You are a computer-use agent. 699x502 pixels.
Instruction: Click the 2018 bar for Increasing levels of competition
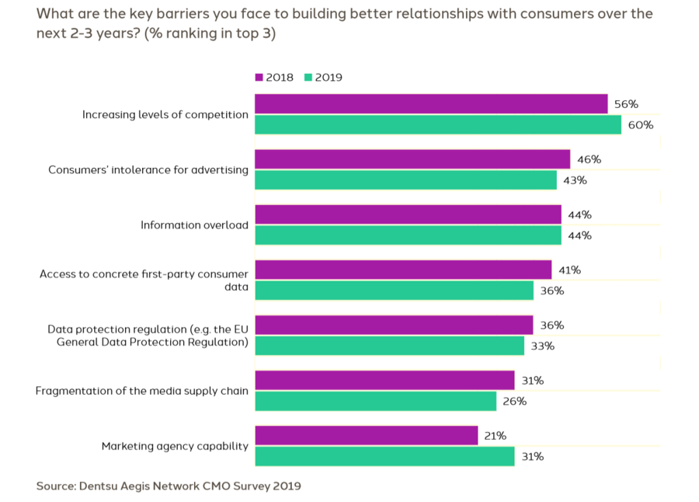click(x=431, y=104)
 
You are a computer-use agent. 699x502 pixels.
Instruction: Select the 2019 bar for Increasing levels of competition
click(x=438, y=124)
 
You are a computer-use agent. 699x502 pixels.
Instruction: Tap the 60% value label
click(x=642, y=125)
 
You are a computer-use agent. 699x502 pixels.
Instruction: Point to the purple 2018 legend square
click(x=259, y=78)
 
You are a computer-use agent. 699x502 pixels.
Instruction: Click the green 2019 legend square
click(x=308, y=78)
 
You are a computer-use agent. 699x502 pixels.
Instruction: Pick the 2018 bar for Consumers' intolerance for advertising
click(x=412, y=159)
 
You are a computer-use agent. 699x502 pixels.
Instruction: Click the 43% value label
click(x=576, y=180)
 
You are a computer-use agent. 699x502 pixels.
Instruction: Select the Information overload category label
click(x=194, y=225)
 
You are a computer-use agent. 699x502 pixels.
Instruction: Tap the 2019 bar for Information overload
click(x=408, y=235)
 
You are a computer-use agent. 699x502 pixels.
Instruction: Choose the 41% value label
click(x=569, y=270)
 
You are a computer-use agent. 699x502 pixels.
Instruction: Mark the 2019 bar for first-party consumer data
click(x=394, y=291)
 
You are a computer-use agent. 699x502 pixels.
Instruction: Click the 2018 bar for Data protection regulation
click(x=394, y=325)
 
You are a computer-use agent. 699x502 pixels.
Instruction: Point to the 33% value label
click(x=544, y=346)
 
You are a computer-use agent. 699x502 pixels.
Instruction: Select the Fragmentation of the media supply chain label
click(x=142, y=391)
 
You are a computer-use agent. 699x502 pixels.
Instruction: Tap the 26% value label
click(x=515, y=402)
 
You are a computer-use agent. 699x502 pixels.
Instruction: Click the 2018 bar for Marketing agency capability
click(x=366, y=436)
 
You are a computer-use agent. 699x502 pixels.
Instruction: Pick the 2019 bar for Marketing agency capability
click(x=384, y=456)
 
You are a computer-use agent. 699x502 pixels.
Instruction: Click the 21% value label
click(x=496, y=436)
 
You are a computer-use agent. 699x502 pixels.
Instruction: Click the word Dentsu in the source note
click(x=99, y=486)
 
